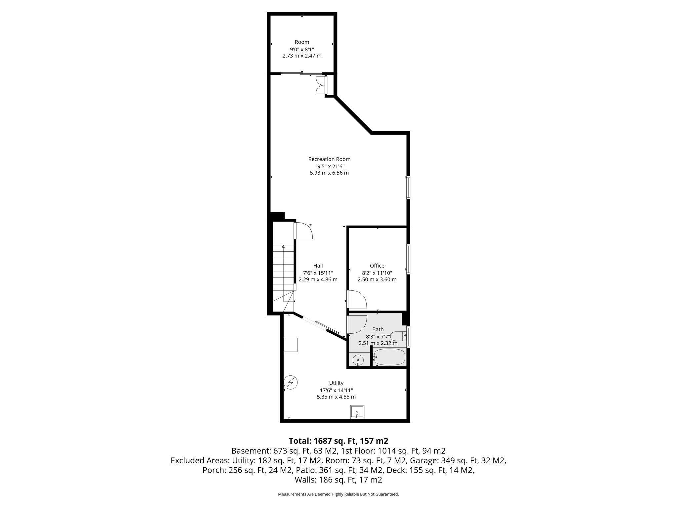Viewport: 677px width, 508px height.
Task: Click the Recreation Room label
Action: pyautogui.click(x=329, y=159)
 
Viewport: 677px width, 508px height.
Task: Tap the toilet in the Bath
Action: pyautogui.click(x=398, y=336)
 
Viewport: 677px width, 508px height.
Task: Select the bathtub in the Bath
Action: pyautogui.click(x=389, y=357)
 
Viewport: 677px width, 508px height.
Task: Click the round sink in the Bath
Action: pyautogui.click(x=358, y=360)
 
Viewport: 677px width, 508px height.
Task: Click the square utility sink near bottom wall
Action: pyautogui.click(x=357, y=412)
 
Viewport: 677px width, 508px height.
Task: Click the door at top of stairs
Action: pyautogui.click(x=303, y=231)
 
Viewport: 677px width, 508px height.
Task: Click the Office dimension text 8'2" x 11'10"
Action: pyautogui.click(x=377, y=273)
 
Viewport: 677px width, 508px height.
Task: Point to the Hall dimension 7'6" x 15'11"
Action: pyautogui.click(x=318, y=273)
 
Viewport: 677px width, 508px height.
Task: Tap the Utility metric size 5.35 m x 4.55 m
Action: pyautogui.click(x=336, y=397)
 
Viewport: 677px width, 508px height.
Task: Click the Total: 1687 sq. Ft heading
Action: pyautogui.click(x=338, y=441)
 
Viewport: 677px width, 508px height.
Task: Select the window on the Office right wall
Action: pyautogui.click(x=408, y=259)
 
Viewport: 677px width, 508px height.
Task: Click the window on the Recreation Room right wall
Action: pyautogui.click(x=408, y=188)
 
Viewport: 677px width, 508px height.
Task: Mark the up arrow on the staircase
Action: pyautogui.click(x=283, y=246)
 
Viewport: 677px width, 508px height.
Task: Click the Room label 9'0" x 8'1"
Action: pyautogui.click(x=302, y=49)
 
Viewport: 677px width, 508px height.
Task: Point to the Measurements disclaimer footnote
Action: pyautogui.click(x=338, y=494)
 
